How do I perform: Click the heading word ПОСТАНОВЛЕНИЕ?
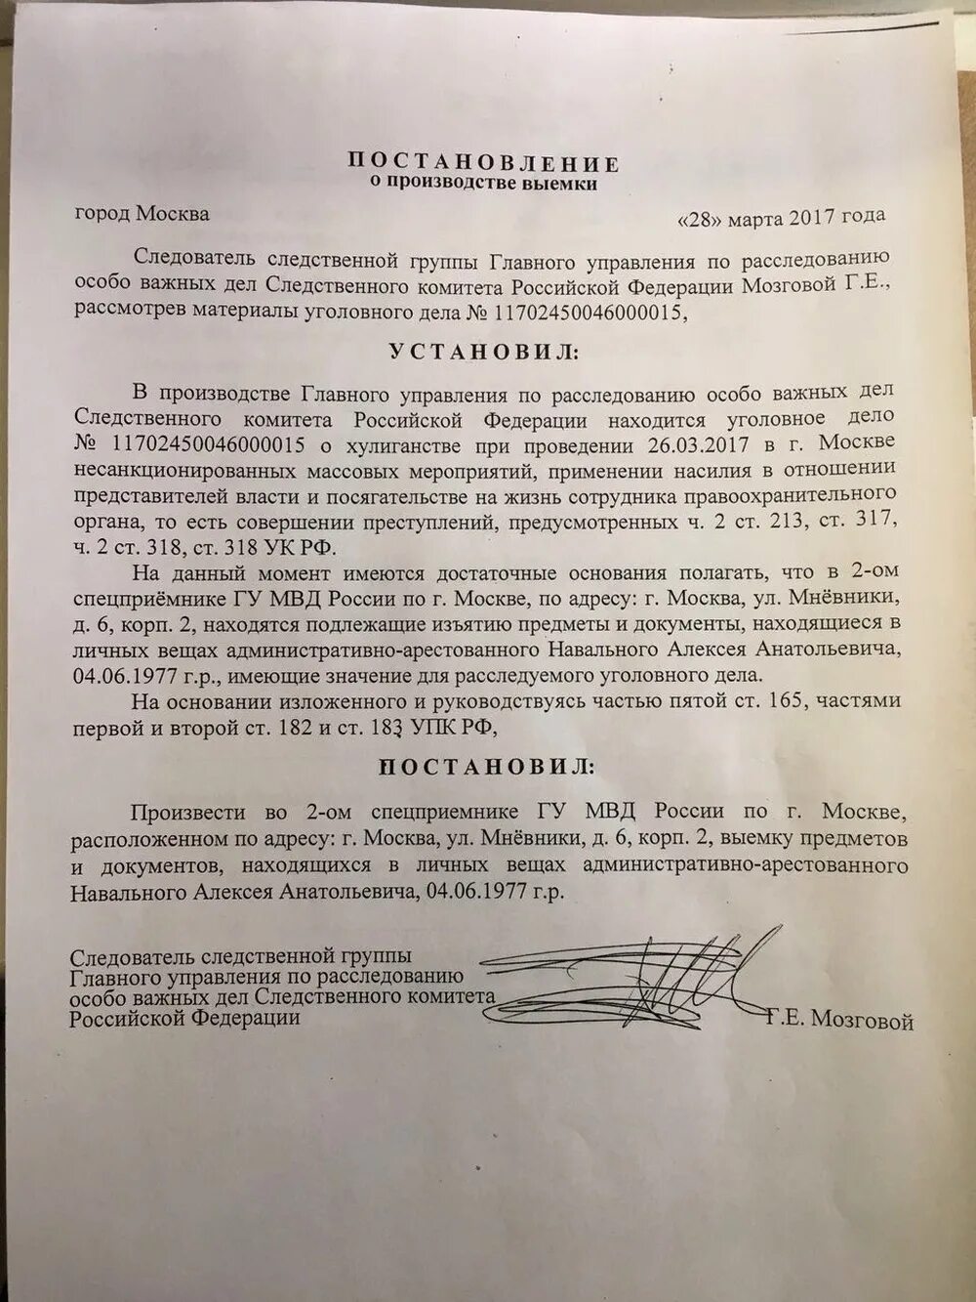point(483,162)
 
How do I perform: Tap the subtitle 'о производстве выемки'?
point(482,182)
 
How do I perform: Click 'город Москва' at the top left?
point(142,213)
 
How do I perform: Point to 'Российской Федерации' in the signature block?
point(184,1018)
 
